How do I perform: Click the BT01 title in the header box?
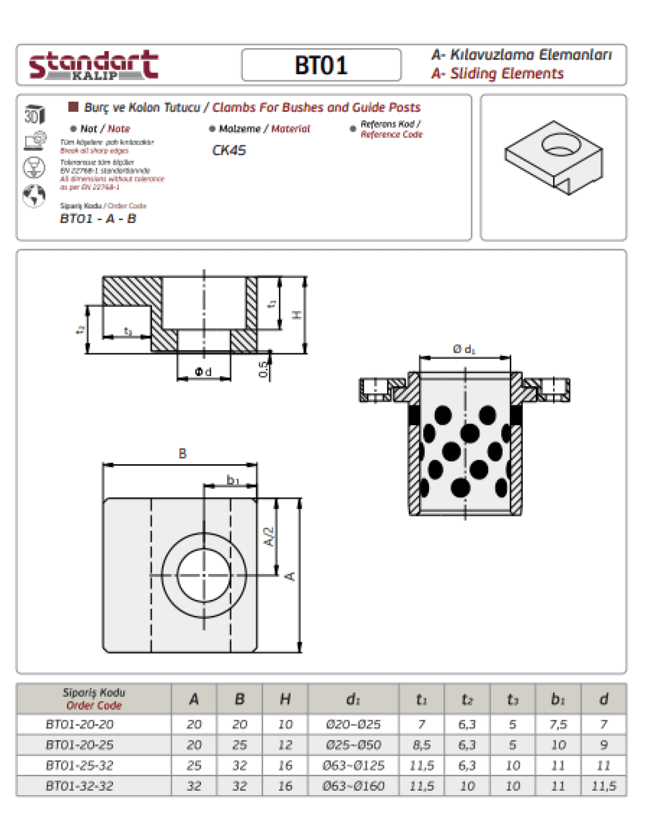pos(321,65)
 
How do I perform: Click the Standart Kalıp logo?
pos(93,65)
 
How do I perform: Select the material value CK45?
pos(229,150)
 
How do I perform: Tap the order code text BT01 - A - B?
pos(98,218)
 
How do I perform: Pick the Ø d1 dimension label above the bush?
pos(464,349)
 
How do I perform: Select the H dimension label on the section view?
pos(297,315)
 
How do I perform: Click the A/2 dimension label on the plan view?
pos(269,537)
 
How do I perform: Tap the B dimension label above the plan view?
pos(183,454)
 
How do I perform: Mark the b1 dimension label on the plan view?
pos(233,479)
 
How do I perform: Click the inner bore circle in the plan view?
pos(204,575)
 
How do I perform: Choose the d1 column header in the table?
pos(353,699)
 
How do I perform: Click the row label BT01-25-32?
pos(80,766)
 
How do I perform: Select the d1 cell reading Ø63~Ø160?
pos(353,786)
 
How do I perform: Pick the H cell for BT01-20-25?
pos(285,745)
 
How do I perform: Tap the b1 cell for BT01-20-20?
pos(558,724)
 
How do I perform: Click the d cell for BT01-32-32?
pos(604,786)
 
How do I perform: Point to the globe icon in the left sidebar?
pos(34,196)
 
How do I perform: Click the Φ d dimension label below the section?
pos(203,372)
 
